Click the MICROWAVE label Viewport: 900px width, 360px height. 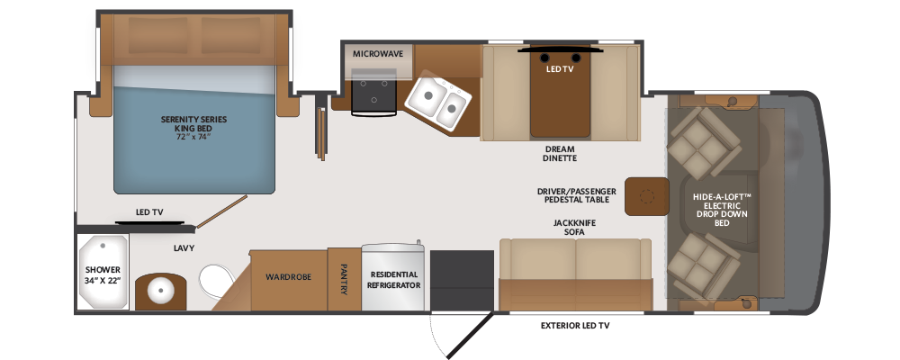click(x=378, y=54)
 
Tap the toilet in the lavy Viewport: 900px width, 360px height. click(x=217, y=281)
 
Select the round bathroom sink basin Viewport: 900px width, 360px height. click(x=161, y=291)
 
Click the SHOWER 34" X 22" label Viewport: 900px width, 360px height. click(x=103, y=275)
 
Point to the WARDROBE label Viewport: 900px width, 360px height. click(x=288, y=276)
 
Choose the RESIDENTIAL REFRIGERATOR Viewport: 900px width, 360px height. click(x=394, y=278)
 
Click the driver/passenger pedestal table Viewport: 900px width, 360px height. click(x=647, y=196)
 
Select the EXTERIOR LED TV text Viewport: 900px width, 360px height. click(x=575, y=326)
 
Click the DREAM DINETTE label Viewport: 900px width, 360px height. click(x=560, y=153)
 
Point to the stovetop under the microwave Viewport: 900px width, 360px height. click(x=373, y=92)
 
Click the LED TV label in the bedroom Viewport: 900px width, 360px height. click(x=149, y=212)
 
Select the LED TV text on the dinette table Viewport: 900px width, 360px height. click(x=560, y=69)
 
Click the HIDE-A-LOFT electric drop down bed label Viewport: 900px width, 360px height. click(x=722, y=210)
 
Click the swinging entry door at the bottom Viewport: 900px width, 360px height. click(x=471, y=336)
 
